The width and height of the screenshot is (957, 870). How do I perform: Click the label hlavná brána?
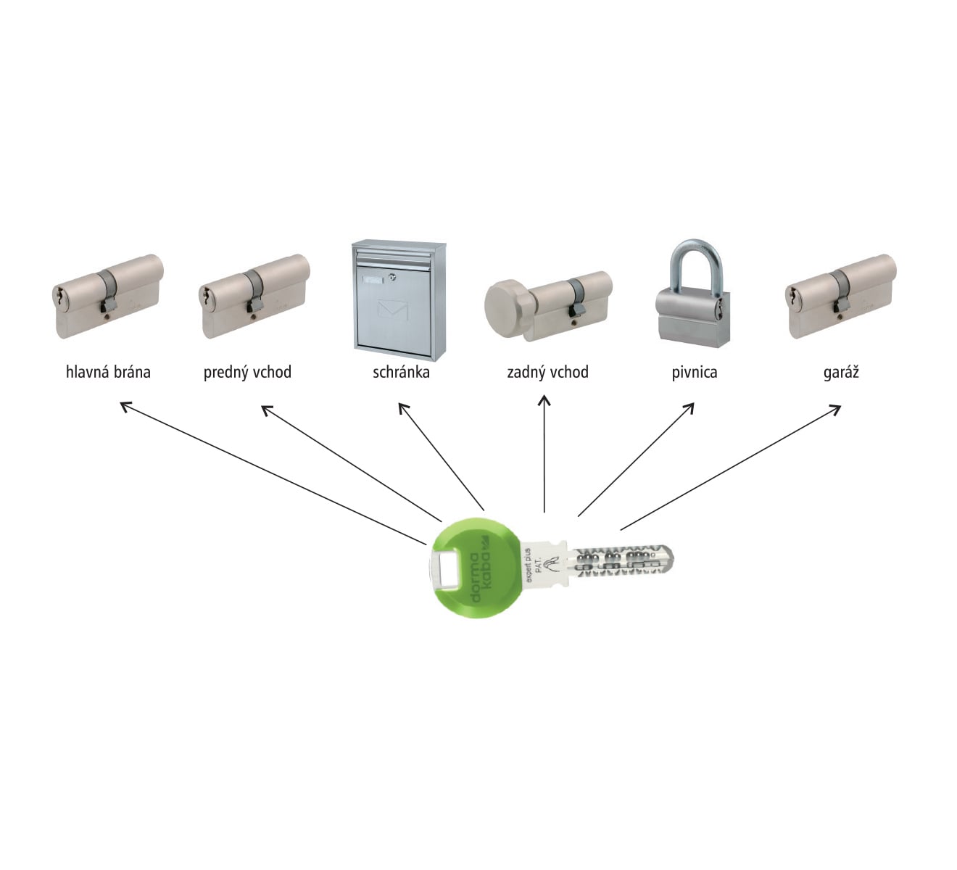[108, 373]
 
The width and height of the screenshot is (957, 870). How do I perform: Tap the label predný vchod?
[247, 373]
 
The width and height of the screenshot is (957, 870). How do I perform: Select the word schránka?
[401, 373]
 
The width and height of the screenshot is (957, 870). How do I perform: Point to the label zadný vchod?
[547, 373]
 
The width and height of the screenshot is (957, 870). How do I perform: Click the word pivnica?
[694, 373]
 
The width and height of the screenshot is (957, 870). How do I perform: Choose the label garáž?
[841, 373]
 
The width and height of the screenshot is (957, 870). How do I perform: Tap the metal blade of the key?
[623, 563]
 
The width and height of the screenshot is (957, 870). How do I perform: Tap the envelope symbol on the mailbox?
[393, 312]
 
